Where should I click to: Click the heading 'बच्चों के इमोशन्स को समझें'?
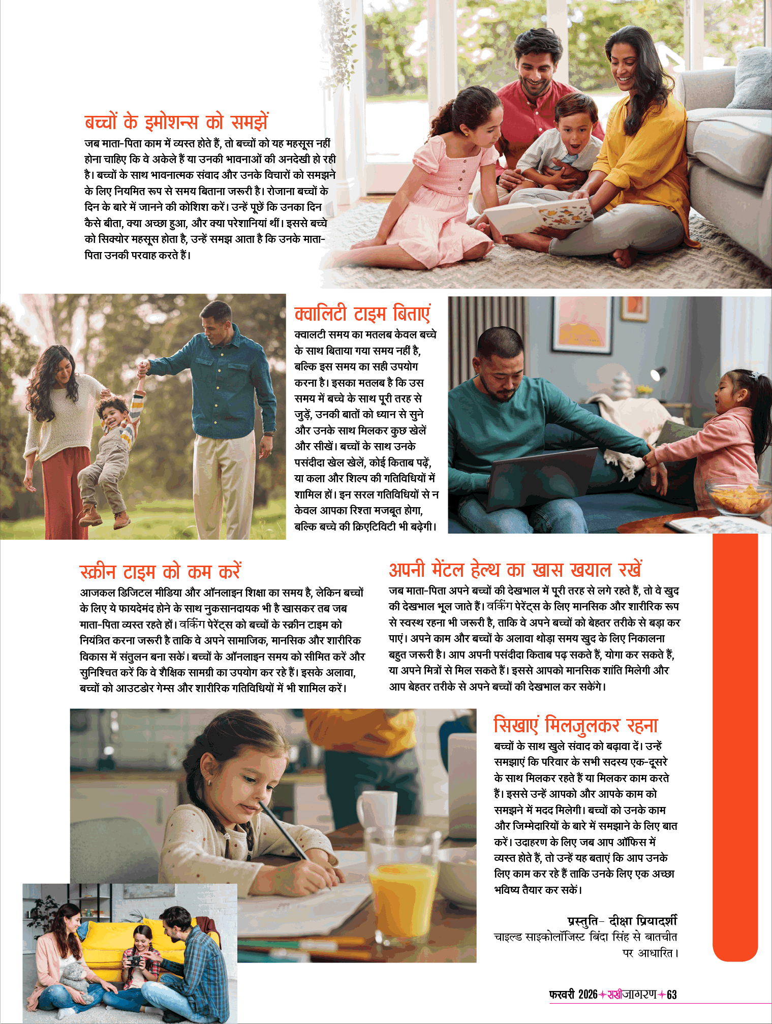pos(176,122)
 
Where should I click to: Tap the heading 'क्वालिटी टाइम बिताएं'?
pos(362,314)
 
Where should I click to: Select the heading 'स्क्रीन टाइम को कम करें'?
pos(160,572)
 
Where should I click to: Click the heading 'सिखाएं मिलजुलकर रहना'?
pos(575,725)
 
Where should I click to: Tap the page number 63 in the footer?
pos(671,995)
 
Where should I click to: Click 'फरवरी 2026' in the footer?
pos(573,995)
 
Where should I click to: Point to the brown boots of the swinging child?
pos(104,516)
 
